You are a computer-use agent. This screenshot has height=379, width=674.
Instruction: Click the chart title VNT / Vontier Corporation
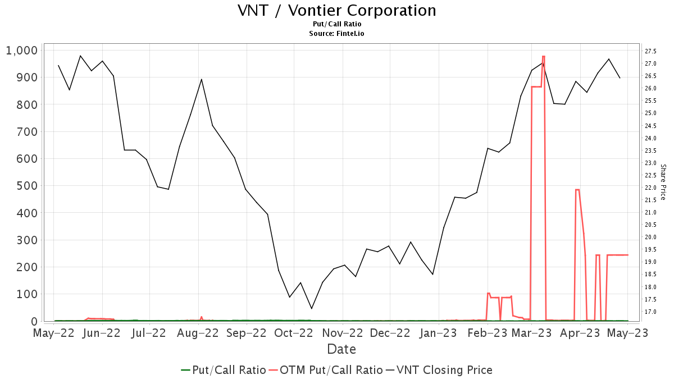pos(337,11)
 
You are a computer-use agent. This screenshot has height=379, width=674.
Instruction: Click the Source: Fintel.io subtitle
pos(337,34)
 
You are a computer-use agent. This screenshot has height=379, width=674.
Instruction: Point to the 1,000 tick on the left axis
pos(21,51)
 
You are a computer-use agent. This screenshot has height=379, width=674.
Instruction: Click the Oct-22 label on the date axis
pos(294,333)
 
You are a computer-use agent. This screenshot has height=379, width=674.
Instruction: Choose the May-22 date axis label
pos(54,333)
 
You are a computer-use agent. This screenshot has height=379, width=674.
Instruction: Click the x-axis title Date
pos(341,349)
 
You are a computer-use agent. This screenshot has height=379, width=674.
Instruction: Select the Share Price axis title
pos(663,182)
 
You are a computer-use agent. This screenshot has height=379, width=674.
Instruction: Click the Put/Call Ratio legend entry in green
pos(224,370)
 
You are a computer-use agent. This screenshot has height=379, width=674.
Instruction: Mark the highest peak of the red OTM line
pos(544,56)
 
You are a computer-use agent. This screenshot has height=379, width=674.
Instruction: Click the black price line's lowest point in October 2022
pos(312,308)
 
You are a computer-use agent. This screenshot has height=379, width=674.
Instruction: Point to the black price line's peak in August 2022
pos(202,79)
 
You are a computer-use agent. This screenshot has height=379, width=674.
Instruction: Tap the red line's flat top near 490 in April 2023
pos(577,190)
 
